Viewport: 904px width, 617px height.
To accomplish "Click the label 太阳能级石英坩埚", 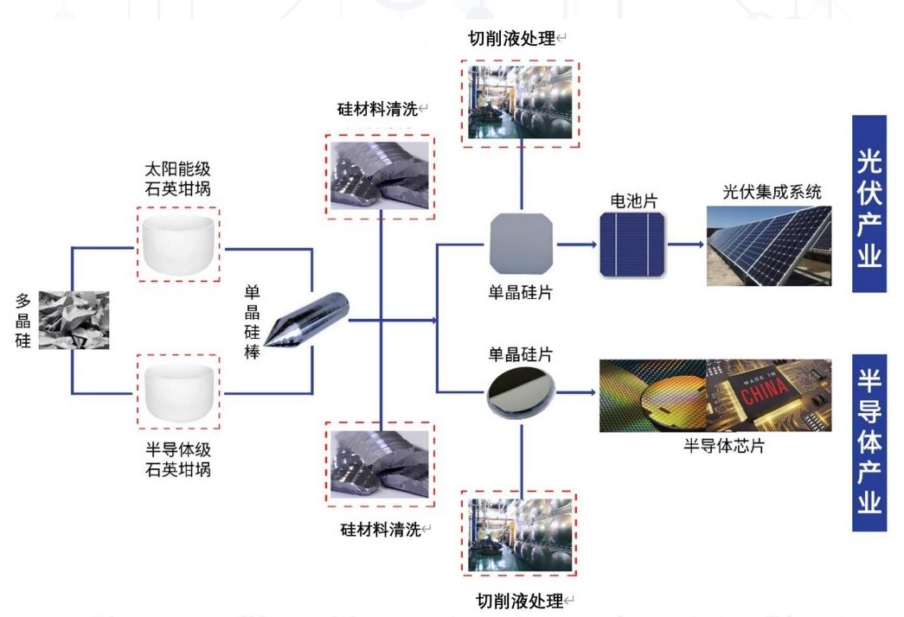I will coord(178,176).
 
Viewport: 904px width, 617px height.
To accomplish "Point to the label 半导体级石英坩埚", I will coord(178,460).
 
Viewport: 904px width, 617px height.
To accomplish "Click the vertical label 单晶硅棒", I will coord(252,321).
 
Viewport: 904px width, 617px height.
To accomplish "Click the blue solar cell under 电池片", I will coord(633,245).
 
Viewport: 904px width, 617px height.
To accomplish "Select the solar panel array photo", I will coord(768,245).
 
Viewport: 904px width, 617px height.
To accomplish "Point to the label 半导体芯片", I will coord(723,447).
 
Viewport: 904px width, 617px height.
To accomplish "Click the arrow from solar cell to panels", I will coord(685,244).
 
